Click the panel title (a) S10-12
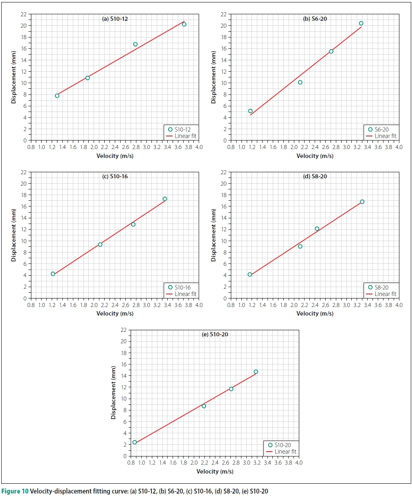pos(115,19)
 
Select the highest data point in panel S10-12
pos(184,24)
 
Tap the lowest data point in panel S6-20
pos(250,111)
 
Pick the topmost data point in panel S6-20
pos(361,23)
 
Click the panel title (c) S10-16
pos(115,176)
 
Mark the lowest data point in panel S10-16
pos(53,274)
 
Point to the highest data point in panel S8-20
pos(362,202)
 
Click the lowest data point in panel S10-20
pos(135,442)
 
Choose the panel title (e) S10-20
pos(215,334)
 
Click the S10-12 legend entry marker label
pos(182,129)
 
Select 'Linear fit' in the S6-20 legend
pos(385,136)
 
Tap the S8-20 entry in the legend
pos(381,287)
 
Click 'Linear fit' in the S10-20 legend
pos(285,452)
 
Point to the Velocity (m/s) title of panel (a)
pos(115,156)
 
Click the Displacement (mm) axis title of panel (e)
pos(114,393)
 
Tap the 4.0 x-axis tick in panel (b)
pos(399,147)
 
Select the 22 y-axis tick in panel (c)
pos(24,172)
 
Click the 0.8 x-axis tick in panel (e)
pos(131,463)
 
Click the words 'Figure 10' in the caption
pos(15,491)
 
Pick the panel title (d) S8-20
pos(315,176)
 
